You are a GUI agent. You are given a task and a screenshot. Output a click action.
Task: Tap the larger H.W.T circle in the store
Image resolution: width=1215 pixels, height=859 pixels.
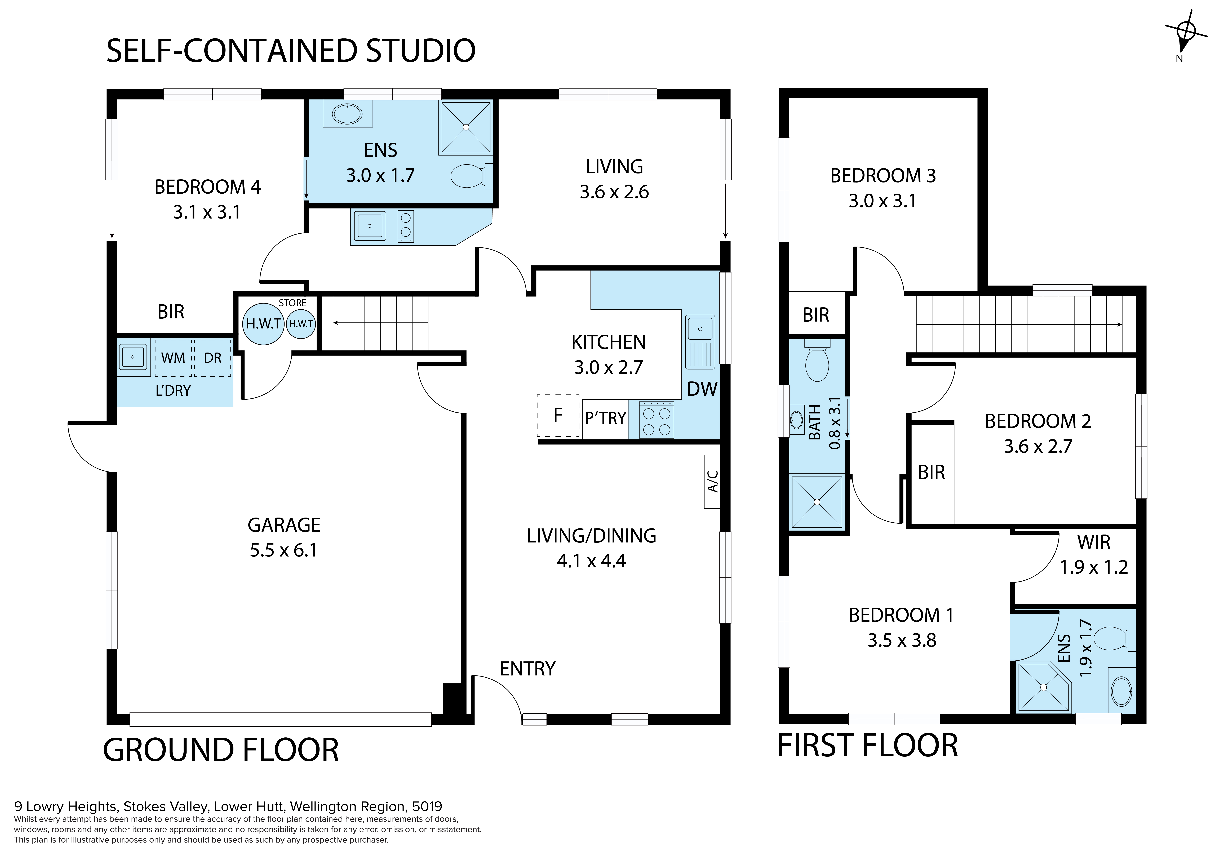(x=264, y=323)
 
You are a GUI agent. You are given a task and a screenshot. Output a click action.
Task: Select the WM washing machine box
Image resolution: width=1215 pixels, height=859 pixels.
(x=173, y=358)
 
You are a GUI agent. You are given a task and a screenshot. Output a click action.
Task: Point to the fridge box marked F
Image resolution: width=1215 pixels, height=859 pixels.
(x=558, y=416)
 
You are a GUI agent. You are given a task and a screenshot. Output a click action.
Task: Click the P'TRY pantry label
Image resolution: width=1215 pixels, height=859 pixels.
(x=605, y=418)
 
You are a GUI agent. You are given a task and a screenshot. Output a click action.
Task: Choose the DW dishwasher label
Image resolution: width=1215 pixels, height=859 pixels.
(x=702, y=389)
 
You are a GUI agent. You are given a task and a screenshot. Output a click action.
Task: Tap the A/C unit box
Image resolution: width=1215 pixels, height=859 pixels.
(x=712, y=482)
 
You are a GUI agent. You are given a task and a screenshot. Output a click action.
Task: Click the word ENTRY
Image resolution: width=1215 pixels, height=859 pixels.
(x=528, y=669)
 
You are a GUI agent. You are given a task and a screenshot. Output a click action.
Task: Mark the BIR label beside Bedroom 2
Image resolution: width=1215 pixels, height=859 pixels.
(x=931, y=472)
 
